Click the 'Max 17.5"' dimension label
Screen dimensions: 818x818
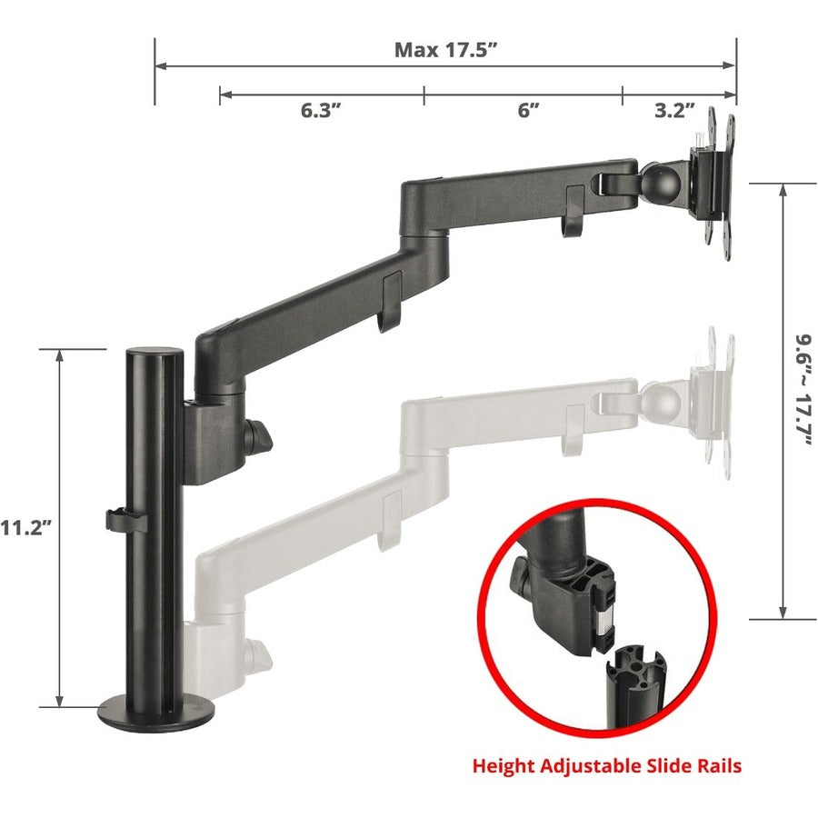click(444, 49)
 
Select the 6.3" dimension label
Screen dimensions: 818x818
click(321, 111)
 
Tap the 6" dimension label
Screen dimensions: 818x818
click(528, 111)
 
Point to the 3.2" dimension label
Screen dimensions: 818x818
click(674, 111)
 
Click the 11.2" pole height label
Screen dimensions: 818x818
click(31, 526)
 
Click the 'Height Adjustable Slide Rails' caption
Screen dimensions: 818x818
click(606, 766)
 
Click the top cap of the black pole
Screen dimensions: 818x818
click(154, 352)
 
